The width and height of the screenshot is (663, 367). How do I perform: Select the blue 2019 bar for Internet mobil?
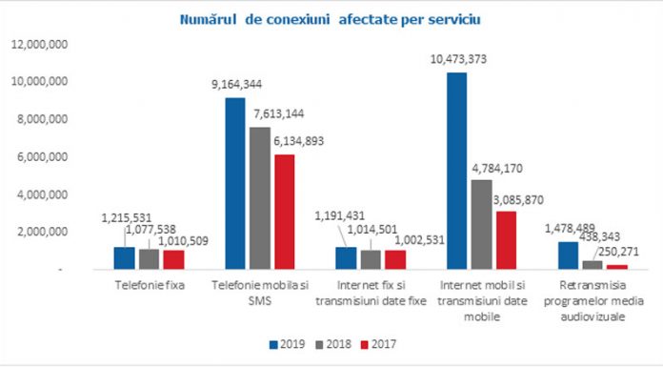[x=457, y=172]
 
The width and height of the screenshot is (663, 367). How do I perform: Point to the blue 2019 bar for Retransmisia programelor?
[x=567, y=255]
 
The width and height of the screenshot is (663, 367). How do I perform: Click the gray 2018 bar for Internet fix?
[x=370, y=260]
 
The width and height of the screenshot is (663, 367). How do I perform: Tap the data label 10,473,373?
[x=456, y=60]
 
